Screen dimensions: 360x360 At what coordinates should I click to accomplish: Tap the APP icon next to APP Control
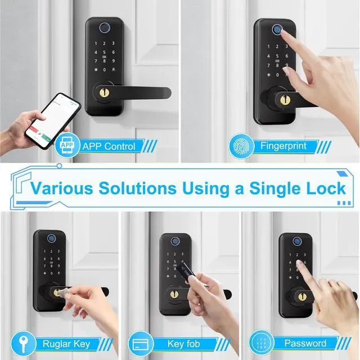[66, 146]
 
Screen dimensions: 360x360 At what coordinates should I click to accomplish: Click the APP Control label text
[109, 147]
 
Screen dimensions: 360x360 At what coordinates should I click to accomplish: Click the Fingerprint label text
[283, 146]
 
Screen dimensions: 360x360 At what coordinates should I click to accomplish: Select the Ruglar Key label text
[66, 343]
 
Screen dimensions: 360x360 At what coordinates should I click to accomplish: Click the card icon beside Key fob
[141, 343]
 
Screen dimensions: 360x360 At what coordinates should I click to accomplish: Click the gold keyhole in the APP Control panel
[104, 89]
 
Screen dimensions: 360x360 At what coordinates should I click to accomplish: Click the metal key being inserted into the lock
[64, 292]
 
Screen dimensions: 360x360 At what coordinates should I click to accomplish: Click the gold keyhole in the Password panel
[302, 296]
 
